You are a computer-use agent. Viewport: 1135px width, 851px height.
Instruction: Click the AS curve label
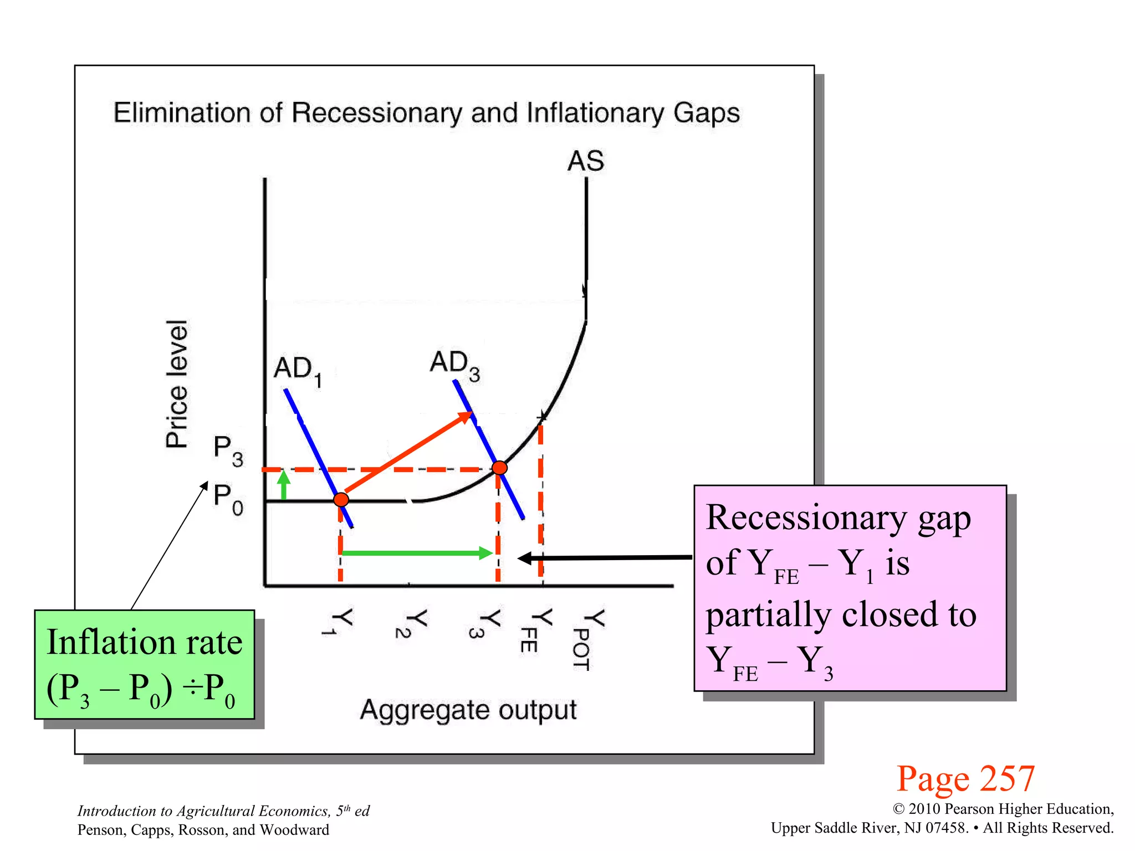pos(586,161)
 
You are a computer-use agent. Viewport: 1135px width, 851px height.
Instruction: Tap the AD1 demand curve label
pos(298,370)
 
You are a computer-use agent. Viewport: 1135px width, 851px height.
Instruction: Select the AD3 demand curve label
pos(455,365)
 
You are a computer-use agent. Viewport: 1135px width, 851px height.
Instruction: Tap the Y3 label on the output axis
pos(488,623)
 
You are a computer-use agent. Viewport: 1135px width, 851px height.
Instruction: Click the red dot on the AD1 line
pos(341,499)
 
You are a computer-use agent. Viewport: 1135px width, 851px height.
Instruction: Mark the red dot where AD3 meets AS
pos(499,468)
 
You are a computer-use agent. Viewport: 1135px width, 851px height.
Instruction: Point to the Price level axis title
pos(177,383)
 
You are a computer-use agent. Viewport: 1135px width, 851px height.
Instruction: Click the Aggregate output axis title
pos(468,710)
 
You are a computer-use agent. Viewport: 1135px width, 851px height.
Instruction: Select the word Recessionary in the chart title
pos(377,113)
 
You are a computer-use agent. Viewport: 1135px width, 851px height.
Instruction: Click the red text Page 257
pos(965,778)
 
